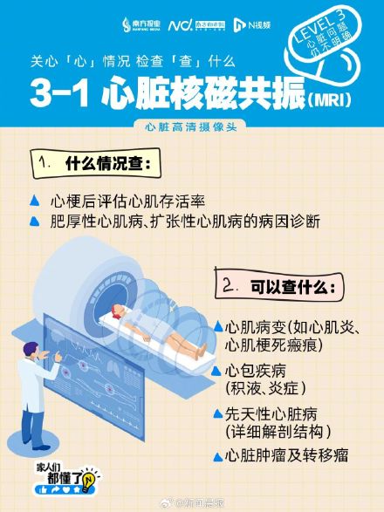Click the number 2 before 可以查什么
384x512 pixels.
[228, 286]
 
